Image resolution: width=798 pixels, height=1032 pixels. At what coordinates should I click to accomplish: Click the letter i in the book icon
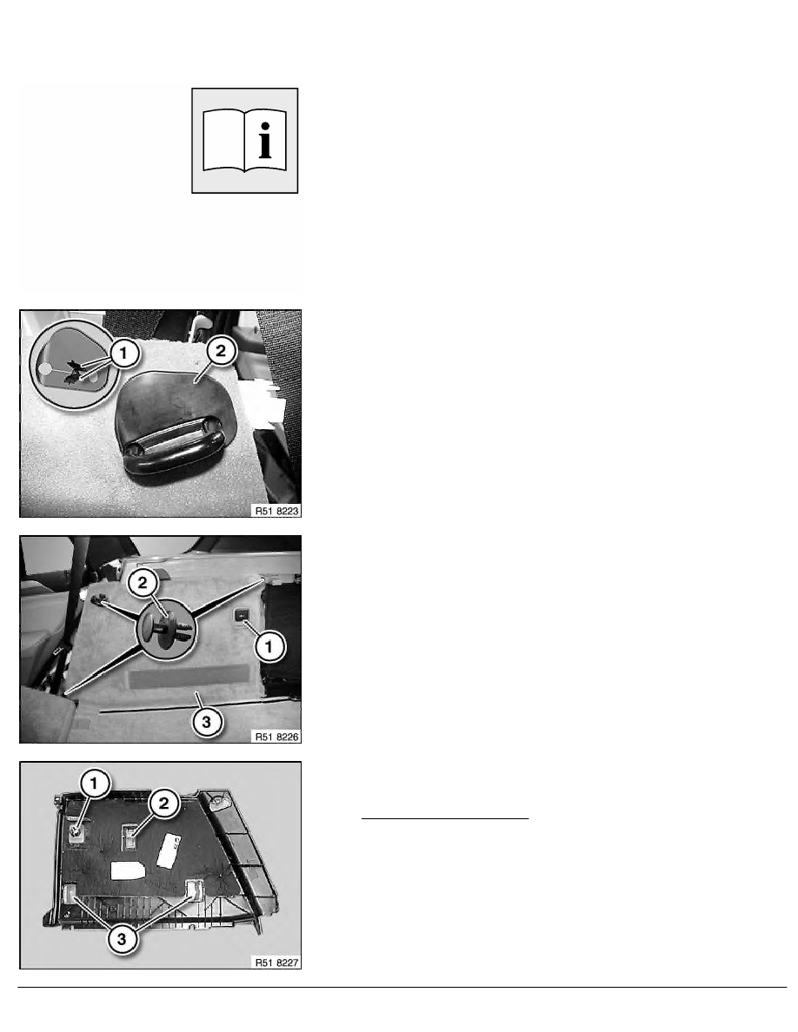click(x=264, y=140)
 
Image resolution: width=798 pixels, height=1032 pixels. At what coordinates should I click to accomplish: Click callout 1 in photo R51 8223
click(x=123, y=354)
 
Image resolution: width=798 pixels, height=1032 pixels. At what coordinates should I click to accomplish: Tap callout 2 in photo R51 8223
click(x=221, y=351)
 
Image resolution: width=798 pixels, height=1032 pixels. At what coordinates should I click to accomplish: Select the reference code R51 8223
click(x=276, y=511)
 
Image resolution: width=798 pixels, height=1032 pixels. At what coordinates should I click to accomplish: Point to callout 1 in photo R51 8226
click(x=269, y=647)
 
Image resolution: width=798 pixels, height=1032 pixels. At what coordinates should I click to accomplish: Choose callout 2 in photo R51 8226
click(x=143, y=583)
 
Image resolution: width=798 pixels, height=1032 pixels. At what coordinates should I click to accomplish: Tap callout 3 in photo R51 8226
click(x=206, y=722)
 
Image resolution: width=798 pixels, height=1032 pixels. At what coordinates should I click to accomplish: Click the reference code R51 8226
click(x=276, y=737)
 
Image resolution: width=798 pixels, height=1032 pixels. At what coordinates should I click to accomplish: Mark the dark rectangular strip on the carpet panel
click(x=190, y=677)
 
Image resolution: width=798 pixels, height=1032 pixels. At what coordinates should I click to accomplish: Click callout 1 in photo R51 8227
click(x=94, y=784)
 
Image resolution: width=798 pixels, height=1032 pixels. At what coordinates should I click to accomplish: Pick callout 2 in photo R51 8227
click(x=163, y=803)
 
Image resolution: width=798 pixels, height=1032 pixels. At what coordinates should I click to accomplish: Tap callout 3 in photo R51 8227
click(x=122, y=938)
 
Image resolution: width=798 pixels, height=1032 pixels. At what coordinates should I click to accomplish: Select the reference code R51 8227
click(x=276, y=963)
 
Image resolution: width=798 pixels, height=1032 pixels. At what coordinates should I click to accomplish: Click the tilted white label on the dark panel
click(x=169, y=850)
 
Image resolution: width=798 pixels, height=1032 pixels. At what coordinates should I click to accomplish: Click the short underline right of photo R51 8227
click(x=445, y=819)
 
